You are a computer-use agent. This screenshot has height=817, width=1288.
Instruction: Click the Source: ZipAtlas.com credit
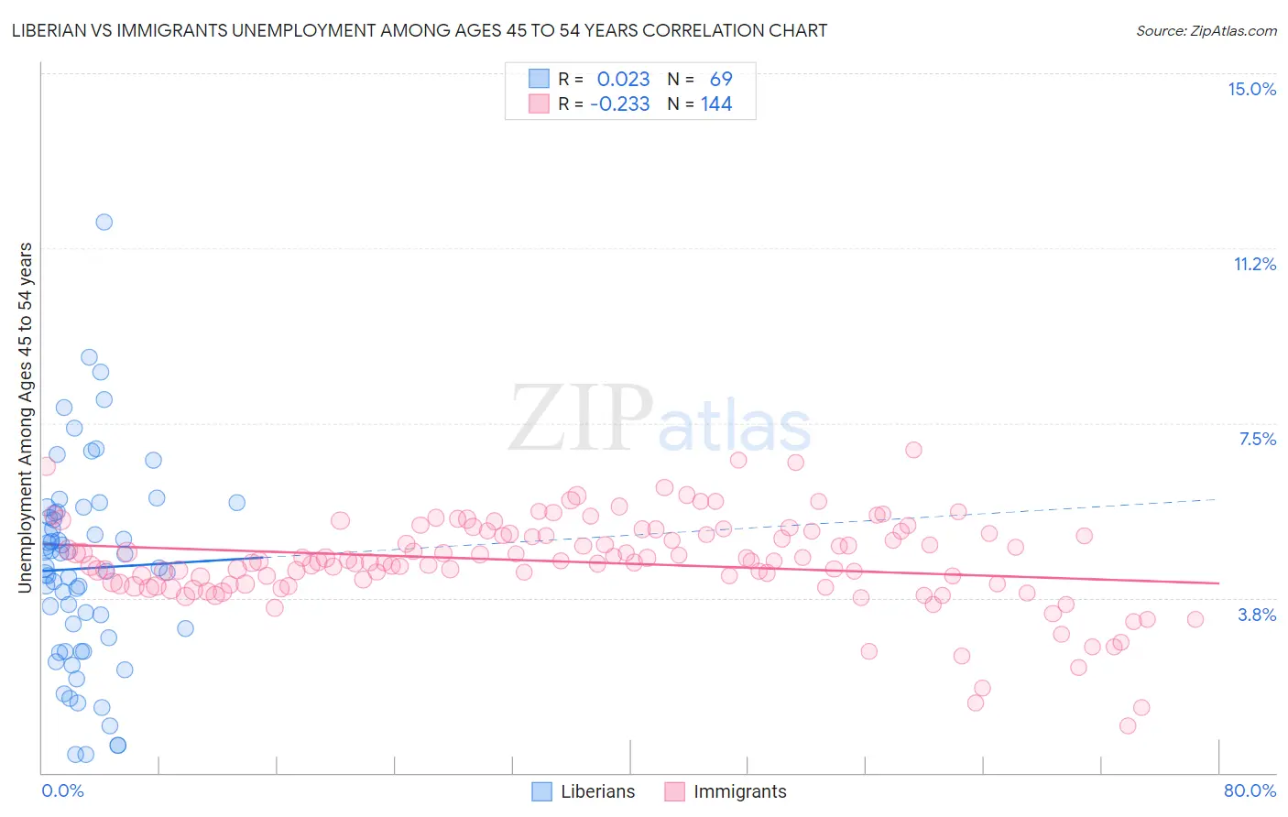pos(1206,30)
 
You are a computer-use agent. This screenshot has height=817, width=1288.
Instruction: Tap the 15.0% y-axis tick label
pos(1251,89)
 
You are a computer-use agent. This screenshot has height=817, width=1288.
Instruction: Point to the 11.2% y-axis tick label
pos(1254,264)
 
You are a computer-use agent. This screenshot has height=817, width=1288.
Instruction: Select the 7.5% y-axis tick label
pos(1257,439)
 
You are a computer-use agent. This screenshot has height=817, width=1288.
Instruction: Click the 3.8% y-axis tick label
pos(1257,615)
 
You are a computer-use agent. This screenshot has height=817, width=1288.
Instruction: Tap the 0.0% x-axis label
pos(62,790)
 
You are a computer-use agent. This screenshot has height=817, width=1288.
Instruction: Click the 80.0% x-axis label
pos(1250,790)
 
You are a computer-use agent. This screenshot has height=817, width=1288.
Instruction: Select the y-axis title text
pos(26,418)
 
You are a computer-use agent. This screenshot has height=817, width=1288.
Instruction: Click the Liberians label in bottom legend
pos(597,791)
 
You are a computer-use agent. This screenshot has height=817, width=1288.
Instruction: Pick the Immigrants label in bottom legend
pos(739,791)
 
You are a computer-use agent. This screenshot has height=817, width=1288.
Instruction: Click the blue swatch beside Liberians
pos(542,791)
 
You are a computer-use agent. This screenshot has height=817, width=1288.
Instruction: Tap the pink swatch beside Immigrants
pos(675,791)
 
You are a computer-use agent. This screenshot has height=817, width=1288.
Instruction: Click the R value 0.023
pos(623,80)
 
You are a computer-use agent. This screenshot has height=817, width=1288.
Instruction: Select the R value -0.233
pos(620,104)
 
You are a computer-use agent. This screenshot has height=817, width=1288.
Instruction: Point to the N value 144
pos(716,104)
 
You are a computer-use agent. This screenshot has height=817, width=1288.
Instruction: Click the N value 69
pos(721,80)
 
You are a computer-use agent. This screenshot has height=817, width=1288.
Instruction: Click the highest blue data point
pos(104,222)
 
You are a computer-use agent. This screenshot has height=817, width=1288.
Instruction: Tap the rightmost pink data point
pos(1195,619)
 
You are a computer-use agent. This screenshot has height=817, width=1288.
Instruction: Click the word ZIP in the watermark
pos(581,419)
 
